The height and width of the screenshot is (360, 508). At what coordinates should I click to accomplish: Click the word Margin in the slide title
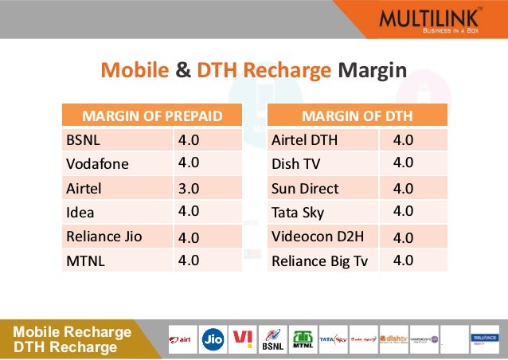(x=373, y=72)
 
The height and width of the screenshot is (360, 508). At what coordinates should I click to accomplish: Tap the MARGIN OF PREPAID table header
(x=152, y=116)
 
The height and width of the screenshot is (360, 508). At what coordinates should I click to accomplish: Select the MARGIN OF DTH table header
(x=358, y=116)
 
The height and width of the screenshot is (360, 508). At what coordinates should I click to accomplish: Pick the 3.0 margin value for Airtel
(x=189, y=189)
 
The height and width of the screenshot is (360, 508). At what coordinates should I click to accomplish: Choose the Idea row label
(x=80, y=213)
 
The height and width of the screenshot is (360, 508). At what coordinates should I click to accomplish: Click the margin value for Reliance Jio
(x=189, y=237)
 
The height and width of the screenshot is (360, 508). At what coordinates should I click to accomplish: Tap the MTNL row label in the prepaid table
(x=86, y=260)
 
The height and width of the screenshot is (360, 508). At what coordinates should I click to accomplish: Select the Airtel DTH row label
(x=304, y=140)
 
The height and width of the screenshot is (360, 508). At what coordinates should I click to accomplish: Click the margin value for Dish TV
(x=403, y=163)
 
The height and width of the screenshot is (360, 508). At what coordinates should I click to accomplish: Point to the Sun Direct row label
(x=305, y=189)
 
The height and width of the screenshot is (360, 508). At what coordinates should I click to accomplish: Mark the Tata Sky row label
(x=299, y=213)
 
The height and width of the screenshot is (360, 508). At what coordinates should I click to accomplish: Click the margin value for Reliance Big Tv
(x=403, y=260)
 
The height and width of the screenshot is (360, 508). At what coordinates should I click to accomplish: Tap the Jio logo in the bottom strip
(x=213, y=338)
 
